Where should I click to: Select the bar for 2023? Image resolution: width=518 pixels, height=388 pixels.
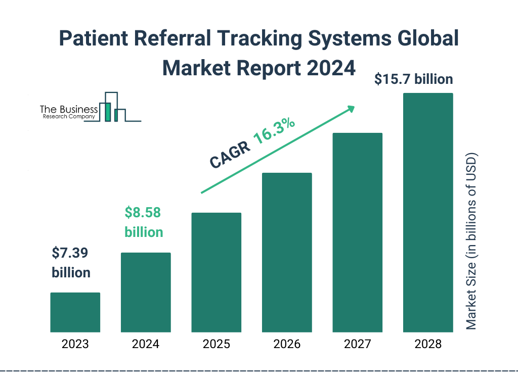[75, 312]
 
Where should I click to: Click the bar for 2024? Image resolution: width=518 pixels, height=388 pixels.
[146, 292]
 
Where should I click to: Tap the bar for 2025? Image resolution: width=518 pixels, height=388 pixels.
[216, 272]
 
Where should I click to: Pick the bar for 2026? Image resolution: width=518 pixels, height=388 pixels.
[287, 253]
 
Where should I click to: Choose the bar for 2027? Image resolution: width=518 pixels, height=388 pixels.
[357, 232]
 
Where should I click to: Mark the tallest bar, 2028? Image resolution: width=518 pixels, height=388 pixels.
[428, 212]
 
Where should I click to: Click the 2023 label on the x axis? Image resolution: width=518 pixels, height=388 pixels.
[75, 345]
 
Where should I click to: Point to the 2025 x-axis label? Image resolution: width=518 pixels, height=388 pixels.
[216, 345]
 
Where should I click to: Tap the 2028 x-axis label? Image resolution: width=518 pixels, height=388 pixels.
[428, 345]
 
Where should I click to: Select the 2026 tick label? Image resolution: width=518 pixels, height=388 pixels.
[287, 345]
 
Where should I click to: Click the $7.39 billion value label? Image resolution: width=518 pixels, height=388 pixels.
[71, 263]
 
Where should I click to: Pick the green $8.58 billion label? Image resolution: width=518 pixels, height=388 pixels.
[144, 222]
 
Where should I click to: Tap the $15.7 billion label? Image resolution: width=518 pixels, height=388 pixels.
[413, 79]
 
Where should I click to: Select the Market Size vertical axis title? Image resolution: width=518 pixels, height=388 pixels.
[471, 240]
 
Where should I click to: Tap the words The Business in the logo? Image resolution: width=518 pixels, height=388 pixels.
[69, 109]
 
